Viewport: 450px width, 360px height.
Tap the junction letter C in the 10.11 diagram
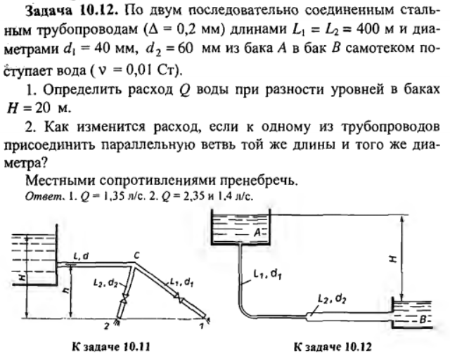136,255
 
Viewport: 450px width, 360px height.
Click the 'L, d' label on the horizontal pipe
81,257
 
